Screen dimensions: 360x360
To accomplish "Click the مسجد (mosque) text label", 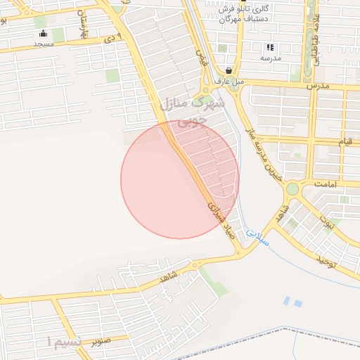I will [x=44, y=44].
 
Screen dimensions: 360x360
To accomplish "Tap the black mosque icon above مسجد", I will [x=44, y=34].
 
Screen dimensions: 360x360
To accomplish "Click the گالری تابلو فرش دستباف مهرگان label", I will [x=226, y=14].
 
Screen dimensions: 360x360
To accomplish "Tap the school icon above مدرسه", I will [x=269, y=48].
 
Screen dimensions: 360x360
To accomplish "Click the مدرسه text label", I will [x=270, y=58].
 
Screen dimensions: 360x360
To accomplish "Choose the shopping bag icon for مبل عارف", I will [x=229, y=70].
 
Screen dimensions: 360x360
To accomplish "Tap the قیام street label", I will [x=345, y=142].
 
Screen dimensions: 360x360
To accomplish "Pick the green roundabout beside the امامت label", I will [x=292, y=188].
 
